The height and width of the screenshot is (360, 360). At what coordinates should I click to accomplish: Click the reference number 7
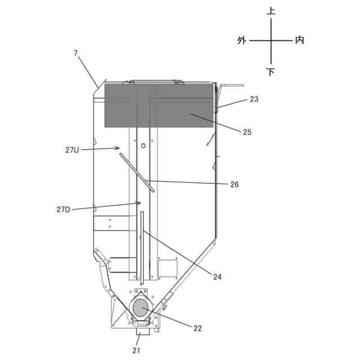76,53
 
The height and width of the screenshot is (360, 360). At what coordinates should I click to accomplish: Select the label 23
254,99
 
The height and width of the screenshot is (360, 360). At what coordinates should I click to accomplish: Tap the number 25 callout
247,132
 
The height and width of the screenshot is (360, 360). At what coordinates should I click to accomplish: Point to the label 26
235,184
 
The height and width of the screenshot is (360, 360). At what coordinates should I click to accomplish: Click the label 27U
72,150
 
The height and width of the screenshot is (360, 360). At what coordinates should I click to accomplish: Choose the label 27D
64,209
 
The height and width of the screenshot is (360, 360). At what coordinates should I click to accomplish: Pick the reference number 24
217,277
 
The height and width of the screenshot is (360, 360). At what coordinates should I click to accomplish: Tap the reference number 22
197,328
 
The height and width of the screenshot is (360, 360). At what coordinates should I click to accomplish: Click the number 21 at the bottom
136,350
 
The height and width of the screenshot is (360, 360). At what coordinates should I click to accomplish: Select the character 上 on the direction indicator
271,11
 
